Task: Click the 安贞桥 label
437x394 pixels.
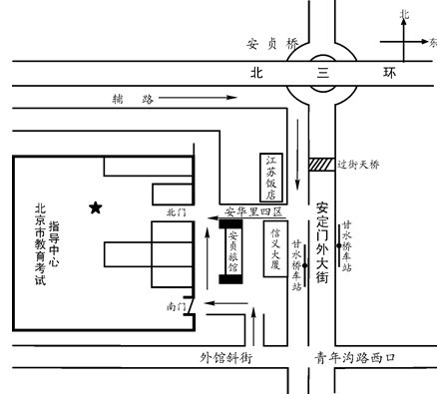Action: (271, 45)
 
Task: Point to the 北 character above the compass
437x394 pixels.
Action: (404, 15)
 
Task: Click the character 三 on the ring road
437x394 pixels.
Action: (321, 73)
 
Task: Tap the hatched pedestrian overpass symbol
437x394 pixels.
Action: (322, 164)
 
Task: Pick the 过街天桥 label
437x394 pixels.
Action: (362, 164)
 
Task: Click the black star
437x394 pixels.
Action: (96, 207)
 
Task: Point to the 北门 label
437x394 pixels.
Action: (178, 211)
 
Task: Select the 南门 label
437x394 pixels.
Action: (177, 307)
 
